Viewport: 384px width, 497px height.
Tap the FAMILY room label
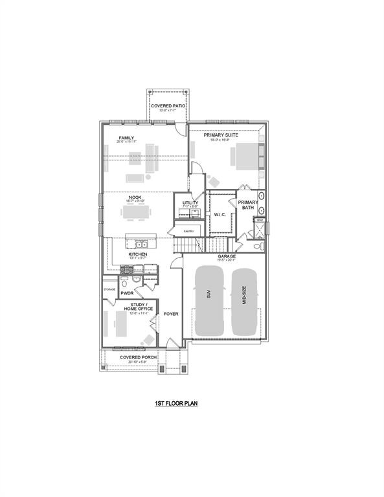point(126,138)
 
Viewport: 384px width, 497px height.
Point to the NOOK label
point(135,197)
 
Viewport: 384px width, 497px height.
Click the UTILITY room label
point(190,203)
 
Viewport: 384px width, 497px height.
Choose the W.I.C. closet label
point(219,215)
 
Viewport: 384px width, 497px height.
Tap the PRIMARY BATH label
point(249,205)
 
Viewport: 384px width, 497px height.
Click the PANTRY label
point(189,230)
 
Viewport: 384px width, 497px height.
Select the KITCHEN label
point(137,255)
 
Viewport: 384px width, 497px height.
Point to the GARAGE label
point(227,256)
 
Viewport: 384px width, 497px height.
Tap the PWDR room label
point(126,293)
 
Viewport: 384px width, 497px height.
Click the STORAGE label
point(109,289)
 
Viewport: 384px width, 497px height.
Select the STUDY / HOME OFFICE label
point(141,306)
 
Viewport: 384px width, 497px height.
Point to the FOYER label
point(170,314)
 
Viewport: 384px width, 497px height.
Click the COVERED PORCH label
point(138,357)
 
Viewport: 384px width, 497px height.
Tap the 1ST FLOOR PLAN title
point(175,404)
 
